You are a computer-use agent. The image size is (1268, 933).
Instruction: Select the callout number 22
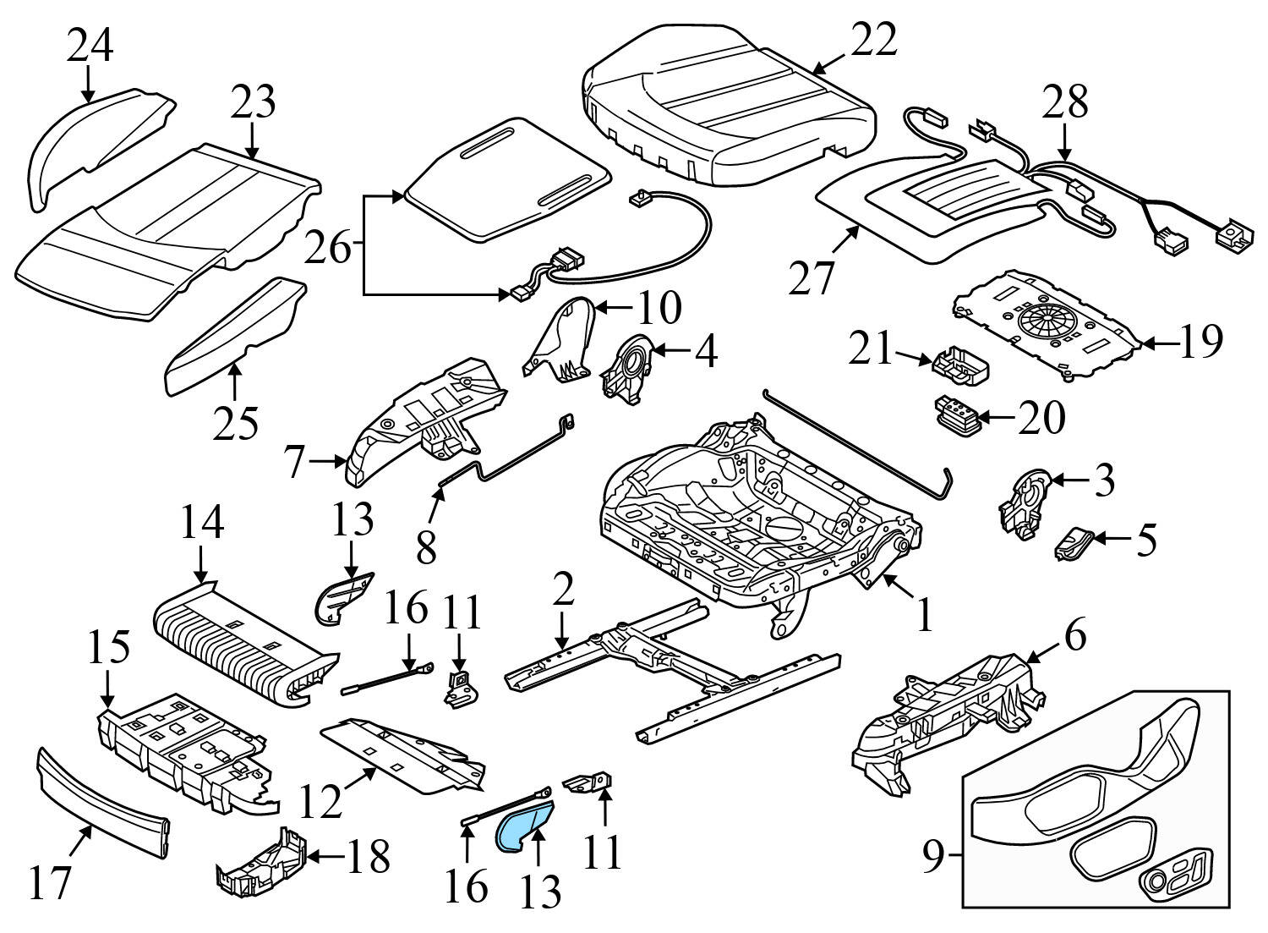pyautogui.click(x=873, y=40)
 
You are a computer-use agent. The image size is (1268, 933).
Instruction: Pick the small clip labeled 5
pyautogui.click(x=1074, y=541)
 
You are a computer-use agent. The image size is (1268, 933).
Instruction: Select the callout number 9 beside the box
pyautogui.click(x=931, y=859)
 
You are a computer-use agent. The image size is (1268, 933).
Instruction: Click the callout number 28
pyautogui.click(x=1064, y=101)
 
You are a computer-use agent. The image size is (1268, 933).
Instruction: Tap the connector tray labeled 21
pyautogui.click(x=959, y=366)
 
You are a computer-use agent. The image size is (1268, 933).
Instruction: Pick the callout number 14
pyautogui.click(x=201, y=523)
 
